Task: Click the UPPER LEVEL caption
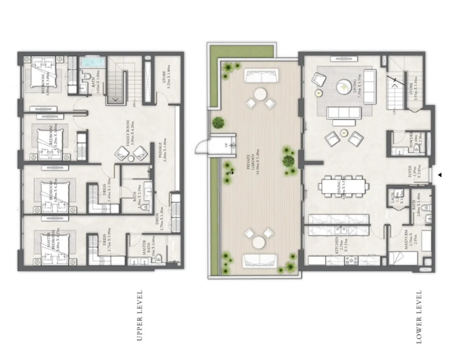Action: pos(140,315)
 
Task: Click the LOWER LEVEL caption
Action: pos(419,316)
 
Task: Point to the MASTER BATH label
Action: pos(146,251)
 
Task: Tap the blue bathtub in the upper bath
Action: pos(92,63)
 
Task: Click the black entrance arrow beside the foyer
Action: pos(440,175)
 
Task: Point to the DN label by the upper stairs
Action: pos(134,105)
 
